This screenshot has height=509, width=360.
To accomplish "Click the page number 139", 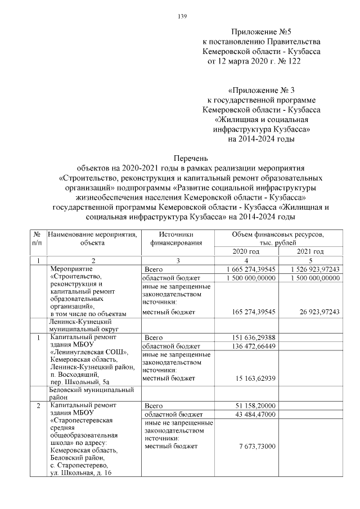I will point(182,16).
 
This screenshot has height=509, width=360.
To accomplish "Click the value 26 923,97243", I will point(317,311).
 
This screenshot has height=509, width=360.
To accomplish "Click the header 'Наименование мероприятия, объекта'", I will point(93,238).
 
